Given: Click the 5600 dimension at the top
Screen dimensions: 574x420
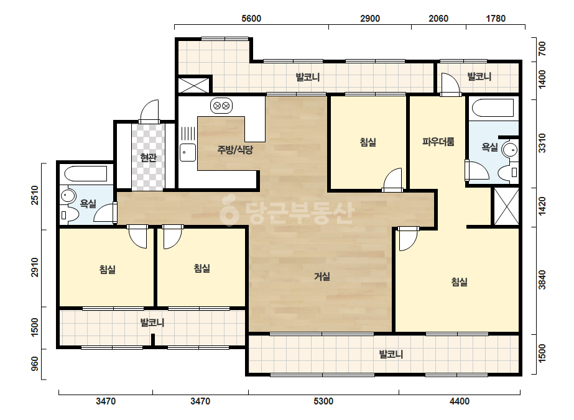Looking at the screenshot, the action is [x=251, y=18].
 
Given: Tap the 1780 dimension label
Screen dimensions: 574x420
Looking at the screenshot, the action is [x=496, y=18].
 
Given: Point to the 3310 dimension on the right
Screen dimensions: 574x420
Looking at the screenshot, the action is [x=542, y=143].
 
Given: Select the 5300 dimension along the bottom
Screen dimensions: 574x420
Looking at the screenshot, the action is [x=323, y=401].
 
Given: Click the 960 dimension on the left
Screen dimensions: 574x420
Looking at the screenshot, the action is [x=35, y=363].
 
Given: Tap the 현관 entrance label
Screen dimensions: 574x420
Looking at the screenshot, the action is [x=149, y=158].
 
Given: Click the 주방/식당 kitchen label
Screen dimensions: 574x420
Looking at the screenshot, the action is [x=235, y=149].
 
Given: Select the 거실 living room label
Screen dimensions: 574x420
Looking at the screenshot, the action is [x=322, y=276].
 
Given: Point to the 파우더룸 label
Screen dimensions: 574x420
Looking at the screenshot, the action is [x=438, y=142].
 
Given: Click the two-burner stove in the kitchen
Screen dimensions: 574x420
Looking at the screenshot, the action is [x=221, y=106].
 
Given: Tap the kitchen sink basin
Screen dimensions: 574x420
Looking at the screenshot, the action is [x=188, y=153].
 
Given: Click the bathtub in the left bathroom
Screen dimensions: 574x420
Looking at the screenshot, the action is [x=86, y=174].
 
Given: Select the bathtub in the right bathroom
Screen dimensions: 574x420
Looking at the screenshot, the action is [x=493, y=108].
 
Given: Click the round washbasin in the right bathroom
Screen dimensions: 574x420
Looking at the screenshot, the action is [x=509, y=150].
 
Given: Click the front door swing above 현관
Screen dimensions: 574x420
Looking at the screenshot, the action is [x=149, y=111].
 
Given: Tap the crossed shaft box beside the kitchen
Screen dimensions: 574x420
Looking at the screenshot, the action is [x=194, y=85].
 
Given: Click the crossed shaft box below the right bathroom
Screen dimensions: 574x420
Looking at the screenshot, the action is [x=507, y=207].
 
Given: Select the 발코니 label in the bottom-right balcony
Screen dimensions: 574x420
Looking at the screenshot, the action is [x=391, y=354].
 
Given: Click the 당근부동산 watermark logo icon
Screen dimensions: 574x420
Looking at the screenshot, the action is [x=228, y=211].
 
